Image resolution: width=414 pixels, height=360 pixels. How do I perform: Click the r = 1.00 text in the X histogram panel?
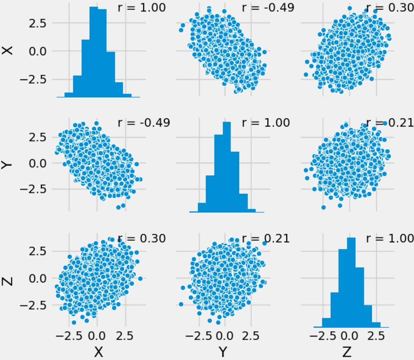click(x=142, y=8)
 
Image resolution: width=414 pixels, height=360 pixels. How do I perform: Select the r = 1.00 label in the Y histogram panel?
click(x=266, y=123)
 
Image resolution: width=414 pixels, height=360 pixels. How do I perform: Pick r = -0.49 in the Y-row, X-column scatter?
click(x=142, y=123)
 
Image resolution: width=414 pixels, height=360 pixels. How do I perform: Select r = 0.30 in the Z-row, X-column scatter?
click(x=142, y=238)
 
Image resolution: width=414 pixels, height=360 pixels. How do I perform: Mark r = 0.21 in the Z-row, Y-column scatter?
click(x=266, y=238)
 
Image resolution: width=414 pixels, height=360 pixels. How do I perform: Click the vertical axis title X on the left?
click(x=8, y=50)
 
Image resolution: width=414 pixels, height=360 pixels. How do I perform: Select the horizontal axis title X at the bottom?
click(x=97, y=352)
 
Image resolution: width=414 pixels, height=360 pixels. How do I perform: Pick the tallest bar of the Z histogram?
click(x=351, y=281)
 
